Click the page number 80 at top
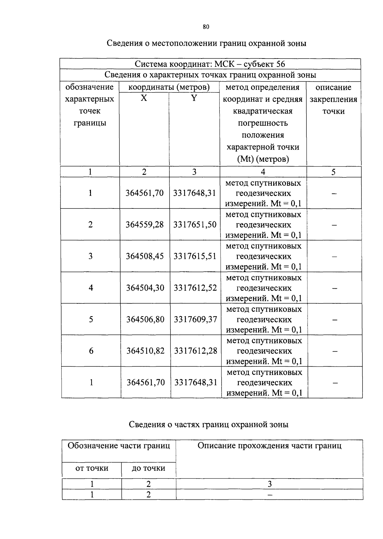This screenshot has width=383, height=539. click(x=206, y=27)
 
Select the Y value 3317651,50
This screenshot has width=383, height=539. click(x=195, y=224)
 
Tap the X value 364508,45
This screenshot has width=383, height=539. click(x=145, y=256)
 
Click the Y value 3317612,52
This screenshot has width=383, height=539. click(x=195, y=288)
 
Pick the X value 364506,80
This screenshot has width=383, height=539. click(x=145, y=319)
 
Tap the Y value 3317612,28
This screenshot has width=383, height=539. click(x=195, y=351)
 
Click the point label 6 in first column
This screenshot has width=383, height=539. click(x=91, y=351)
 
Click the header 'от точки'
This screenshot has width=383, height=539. click(x=92, y=468)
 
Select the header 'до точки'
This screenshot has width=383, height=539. click(x=148, y=468)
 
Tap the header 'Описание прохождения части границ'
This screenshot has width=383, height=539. click(x=269, y=446)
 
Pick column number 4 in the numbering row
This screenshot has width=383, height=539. click(x=263, y=172)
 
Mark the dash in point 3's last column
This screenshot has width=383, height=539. click(x=334, y=256)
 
